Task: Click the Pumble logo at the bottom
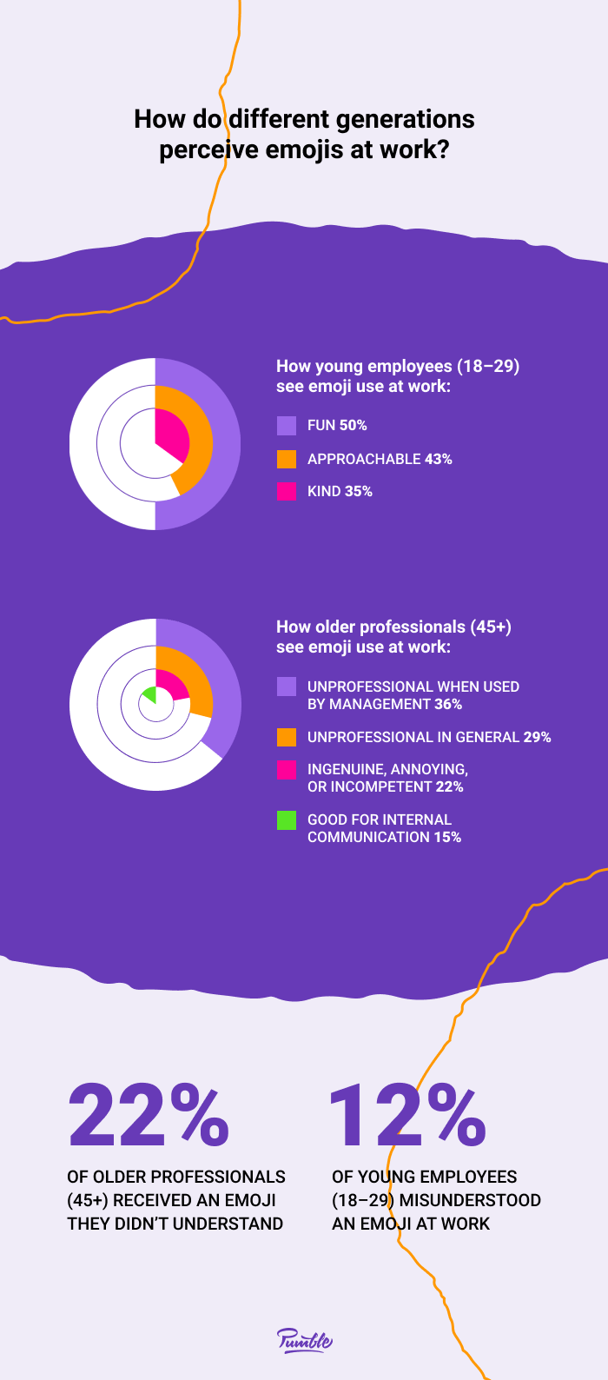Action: [x=305, y=1340]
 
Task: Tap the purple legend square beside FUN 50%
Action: [x=287, y=425]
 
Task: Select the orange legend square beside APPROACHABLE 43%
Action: [x=287, y=459]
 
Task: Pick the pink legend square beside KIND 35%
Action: [x=287, y=491]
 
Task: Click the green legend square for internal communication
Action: [x=287, y=819]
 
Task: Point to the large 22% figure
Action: [x=149, y=1115]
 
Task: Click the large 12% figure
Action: [x=406, y=1115]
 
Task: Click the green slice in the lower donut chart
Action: [x=150, y=694]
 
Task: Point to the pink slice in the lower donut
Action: [x=172, y=686]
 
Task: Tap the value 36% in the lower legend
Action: [x=448, y=704]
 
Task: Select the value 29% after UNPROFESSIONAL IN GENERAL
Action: [x=537, y=737]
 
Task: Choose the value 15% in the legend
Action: [x=447, y=837]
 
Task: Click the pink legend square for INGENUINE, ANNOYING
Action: [x=287, y=769]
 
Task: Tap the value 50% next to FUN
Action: [x=353, y=425]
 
